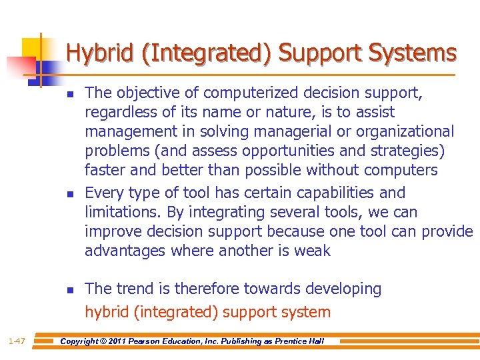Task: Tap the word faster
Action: pyautogui.click(x=104, y=170)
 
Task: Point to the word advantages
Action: pyautogui.click(x=125, y=251)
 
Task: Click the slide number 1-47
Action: pyautogui.click(x=17, y=341)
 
